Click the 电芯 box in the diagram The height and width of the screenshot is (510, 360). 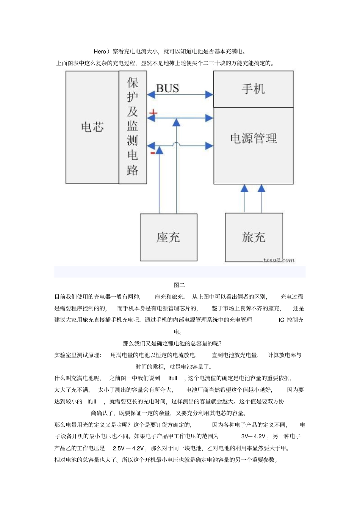[x=92, y=127]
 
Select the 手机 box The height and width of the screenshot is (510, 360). [x=253, y=89]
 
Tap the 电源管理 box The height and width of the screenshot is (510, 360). [x=253, y=146]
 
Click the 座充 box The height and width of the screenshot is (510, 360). [x=168, y=237]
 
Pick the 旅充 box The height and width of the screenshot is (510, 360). [x=254, y=237]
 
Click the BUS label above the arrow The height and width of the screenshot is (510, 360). [x=167, y=88]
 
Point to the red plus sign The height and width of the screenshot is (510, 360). [x=153, y=113]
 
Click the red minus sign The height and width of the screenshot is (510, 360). [x=153, y=153]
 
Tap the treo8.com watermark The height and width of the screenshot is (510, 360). [x=279, y=260]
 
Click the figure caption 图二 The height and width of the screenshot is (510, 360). [x=179, y=285]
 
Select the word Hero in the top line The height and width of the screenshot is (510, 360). [x=100, y=52]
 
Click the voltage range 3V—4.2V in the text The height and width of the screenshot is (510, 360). [x=254, y=436]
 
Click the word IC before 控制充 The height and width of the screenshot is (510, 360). [x=281, y=320]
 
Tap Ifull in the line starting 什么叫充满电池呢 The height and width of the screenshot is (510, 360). [x=172, y=378]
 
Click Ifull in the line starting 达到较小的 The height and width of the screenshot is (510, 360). [x=92, y=402]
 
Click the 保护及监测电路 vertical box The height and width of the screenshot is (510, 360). [x=133, y=127]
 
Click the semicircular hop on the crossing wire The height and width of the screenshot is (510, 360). [x=176, y=144]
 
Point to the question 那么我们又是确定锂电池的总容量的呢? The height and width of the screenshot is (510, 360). [x=172, y=344]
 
